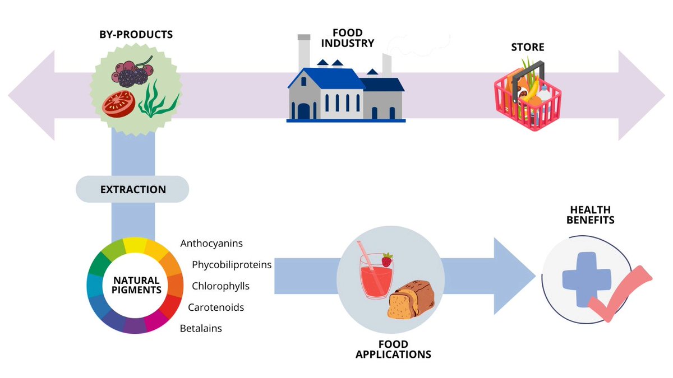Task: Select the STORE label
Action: [527, 47]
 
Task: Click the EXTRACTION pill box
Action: [133, 189]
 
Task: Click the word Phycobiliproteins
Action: [232, 264]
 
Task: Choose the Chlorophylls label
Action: [220, 286]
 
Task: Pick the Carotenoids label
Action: [216, 307]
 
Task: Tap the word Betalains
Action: [201, 329]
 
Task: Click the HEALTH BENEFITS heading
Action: [590, 214]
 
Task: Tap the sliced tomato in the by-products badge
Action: [119, 102]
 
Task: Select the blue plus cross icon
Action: [586, 279]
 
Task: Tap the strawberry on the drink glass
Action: [386, 260]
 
